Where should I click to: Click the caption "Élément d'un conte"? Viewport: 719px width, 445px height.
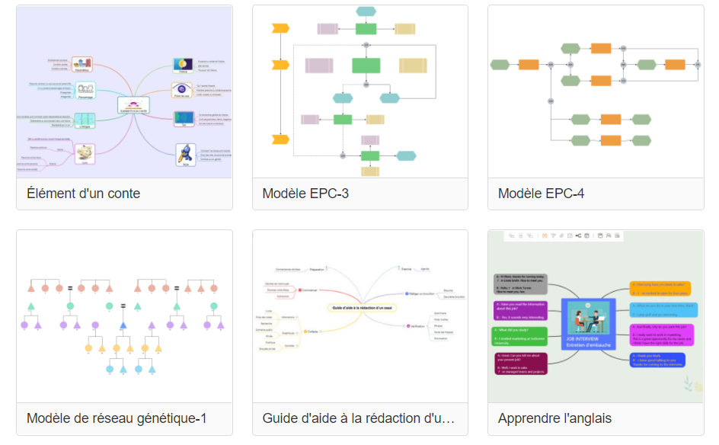83,194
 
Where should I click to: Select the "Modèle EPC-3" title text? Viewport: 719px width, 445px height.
305,194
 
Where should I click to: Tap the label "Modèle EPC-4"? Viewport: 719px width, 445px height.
541,194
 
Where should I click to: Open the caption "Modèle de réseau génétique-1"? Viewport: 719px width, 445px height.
117,418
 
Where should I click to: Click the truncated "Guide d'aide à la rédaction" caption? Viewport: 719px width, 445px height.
358,418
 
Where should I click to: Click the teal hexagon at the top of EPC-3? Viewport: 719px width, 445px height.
366,11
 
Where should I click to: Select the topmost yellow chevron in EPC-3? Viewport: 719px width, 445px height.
280,29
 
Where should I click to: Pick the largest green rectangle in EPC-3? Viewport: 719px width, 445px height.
366,66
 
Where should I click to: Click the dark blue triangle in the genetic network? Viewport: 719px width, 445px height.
122,325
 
